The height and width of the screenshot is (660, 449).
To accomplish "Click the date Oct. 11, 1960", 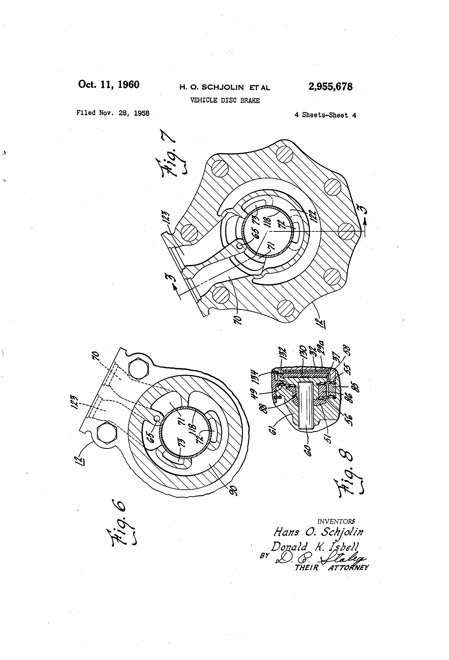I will [x=109, y=85].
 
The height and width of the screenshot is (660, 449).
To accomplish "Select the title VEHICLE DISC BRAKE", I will [x=225, y=100].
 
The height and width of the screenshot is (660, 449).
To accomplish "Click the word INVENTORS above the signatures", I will [x=336, y=521].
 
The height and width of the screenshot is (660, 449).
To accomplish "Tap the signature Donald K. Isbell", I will [x=315, y=547].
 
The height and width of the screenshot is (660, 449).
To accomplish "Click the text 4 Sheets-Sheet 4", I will [x=325, y=115].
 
